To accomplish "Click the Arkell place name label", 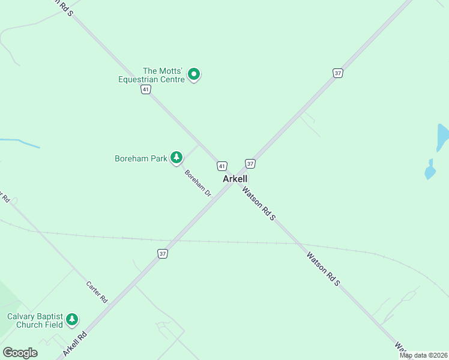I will point(235,179).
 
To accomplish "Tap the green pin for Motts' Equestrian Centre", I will point(194,74).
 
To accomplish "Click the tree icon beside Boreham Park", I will point(176,157).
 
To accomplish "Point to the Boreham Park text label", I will point(140,159).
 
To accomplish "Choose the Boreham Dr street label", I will point(198,184).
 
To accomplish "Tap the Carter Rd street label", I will point(96,292).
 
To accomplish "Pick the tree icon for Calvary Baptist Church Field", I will point(72,319).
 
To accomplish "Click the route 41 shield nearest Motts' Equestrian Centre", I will point(145,89).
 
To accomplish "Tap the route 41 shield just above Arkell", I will point(222,166).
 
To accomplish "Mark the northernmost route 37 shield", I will point(338,73).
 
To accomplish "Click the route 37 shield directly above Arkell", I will point(250,163).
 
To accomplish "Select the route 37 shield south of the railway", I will point(163,254).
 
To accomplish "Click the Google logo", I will point(20,353).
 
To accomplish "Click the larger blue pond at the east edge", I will point(442,137).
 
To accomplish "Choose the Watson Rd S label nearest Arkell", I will point(259,204).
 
